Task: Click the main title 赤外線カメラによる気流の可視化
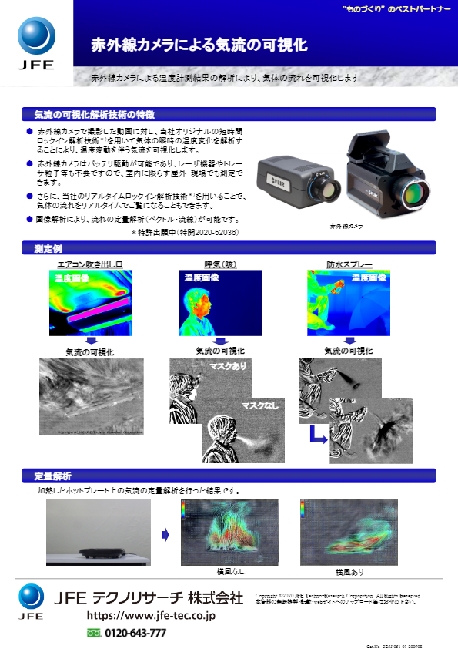199,45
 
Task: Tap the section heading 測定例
48,248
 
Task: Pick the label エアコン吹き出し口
90,264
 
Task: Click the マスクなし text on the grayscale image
260,405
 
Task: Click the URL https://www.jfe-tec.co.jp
151,615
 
